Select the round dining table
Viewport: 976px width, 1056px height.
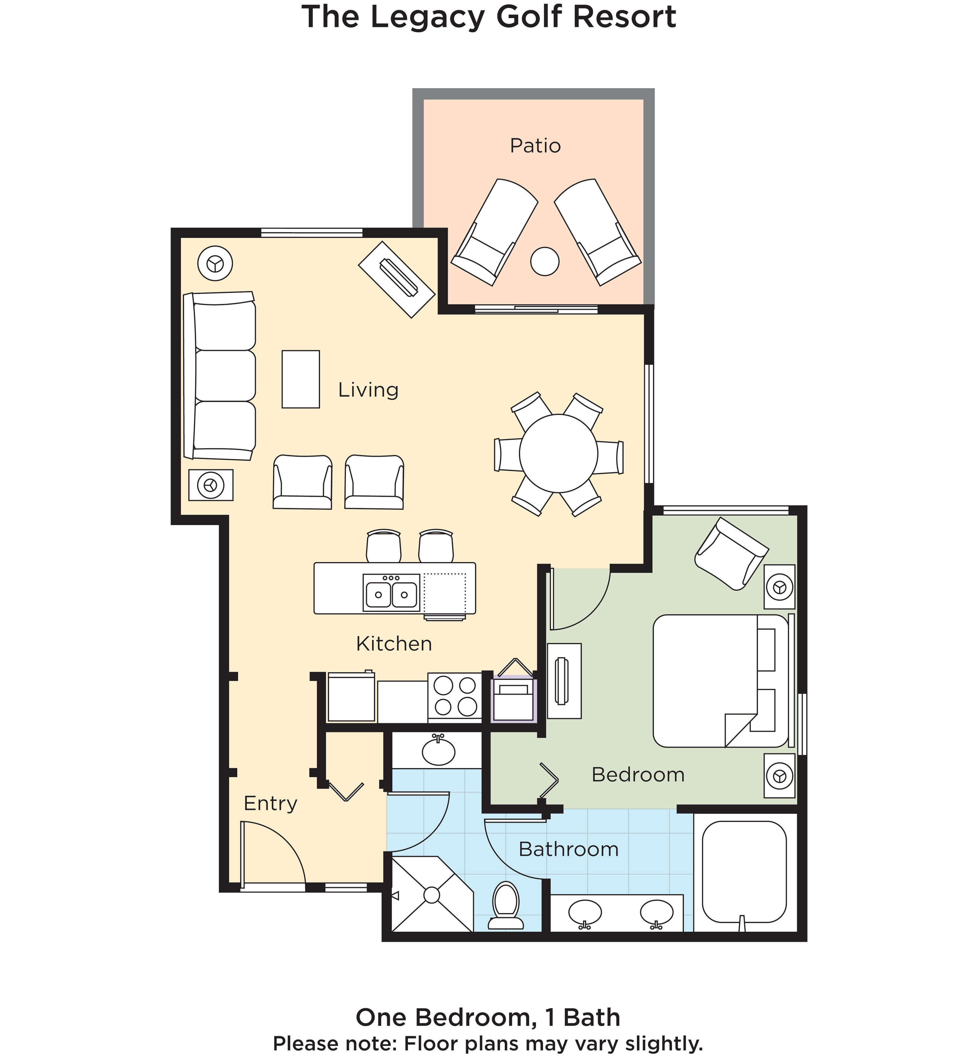pos(558,453)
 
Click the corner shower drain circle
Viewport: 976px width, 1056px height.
pos(431,895)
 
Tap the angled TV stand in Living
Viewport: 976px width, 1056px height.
pos(397,279)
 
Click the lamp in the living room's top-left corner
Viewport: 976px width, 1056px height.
pos(215,263)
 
